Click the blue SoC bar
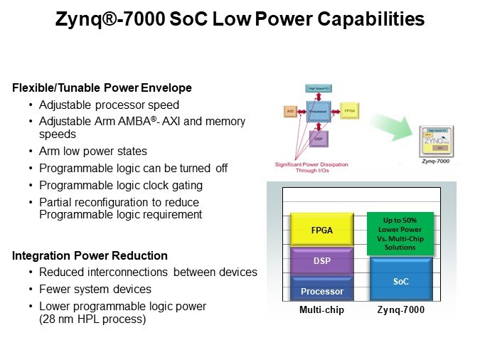[400, 280]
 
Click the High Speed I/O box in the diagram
[319, 89]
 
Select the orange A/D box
[290, 112]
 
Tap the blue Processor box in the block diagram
[319, 112]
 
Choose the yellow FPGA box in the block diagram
[349, 112]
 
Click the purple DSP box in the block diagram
[319, 138]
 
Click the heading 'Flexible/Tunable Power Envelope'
[102, 88]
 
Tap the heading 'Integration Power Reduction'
[90, 255]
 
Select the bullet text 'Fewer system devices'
[95, 290]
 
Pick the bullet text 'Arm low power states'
[93, 151]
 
